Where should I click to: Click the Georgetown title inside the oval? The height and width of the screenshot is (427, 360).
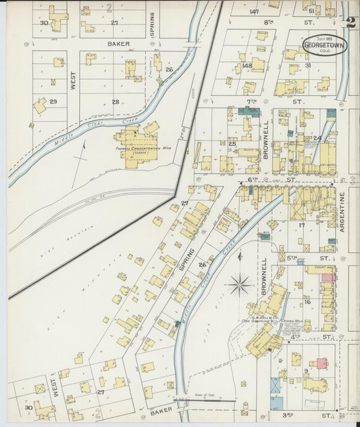325,46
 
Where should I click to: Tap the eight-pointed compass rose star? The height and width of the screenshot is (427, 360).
240,284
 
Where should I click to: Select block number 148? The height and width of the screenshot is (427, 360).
247,66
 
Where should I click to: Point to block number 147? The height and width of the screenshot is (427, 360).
253,11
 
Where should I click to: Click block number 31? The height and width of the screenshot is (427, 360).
307,66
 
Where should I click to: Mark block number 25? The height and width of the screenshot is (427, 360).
232,144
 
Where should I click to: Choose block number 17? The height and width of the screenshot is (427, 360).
302,225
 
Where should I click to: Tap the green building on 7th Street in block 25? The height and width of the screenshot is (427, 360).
245,110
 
